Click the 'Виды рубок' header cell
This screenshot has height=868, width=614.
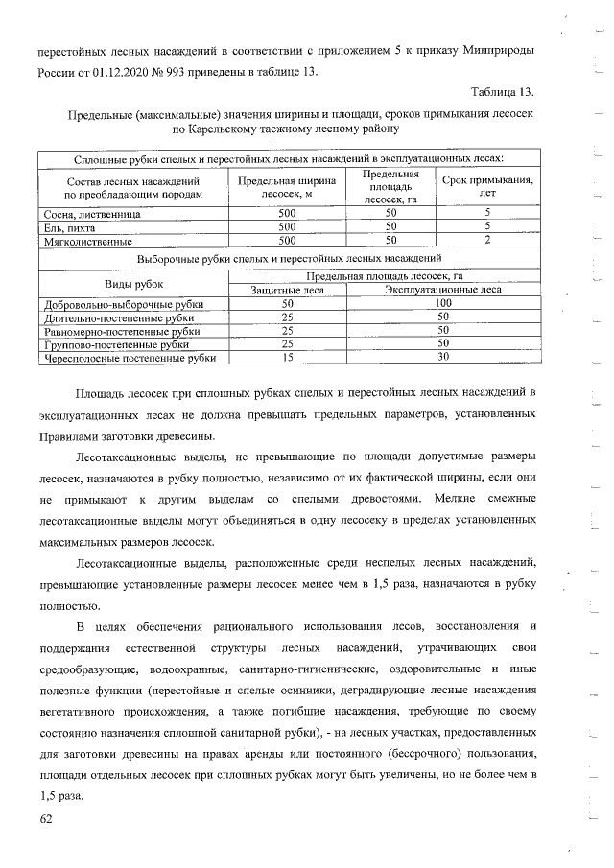pyautogui.click(x=133, y=284)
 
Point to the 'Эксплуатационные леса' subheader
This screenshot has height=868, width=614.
pyautogui.click(x=442, y=291)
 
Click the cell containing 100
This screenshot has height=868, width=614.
pyautogui.click(x=442, y=304)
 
